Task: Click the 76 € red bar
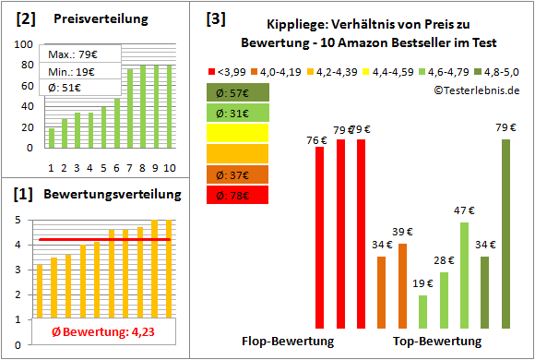click(320, 237)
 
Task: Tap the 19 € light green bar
click(422, 311)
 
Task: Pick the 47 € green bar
click(464, 275)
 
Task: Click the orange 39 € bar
click(402, 285)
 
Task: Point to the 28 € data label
click(444, 261)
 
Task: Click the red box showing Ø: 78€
click(238, 195)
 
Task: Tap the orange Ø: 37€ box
click(238, 174)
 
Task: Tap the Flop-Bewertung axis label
click(287, 341)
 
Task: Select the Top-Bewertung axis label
click(437, 341)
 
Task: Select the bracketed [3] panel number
click(217, 18)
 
